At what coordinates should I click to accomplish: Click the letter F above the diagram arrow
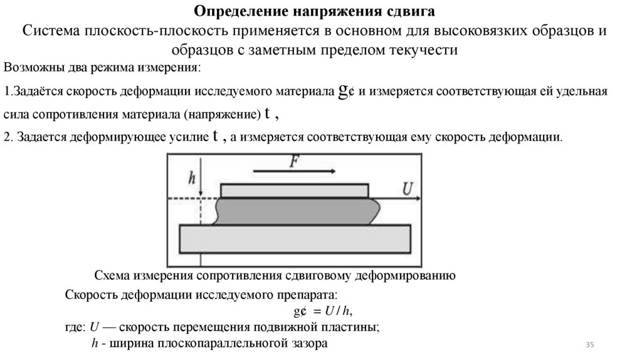click(293, 161)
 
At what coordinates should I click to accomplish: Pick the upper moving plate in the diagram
click(295, 189)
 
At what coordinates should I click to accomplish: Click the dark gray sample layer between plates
click(295, 211)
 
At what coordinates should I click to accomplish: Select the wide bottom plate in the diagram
click(295, 239)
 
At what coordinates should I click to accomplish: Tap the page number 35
click(589, 345)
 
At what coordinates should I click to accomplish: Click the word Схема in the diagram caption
click(111, 275)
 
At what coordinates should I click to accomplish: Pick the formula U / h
click(342, 311)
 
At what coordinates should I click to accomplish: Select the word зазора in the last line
click(309, 343)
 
